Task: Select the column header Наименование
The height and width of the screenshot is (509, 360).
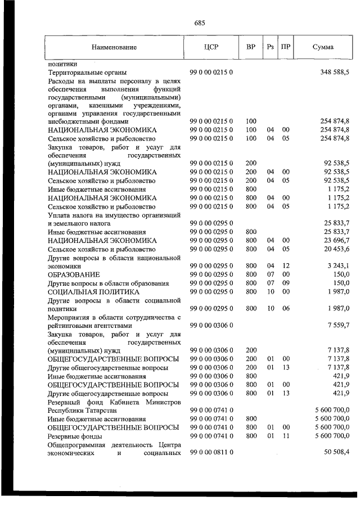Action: tap(114, 48)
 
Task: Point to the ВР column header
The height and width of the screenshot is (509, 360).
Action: tap(251, 47)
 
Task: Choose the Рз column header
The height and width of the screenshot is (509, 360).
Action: tap(270, 47)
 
